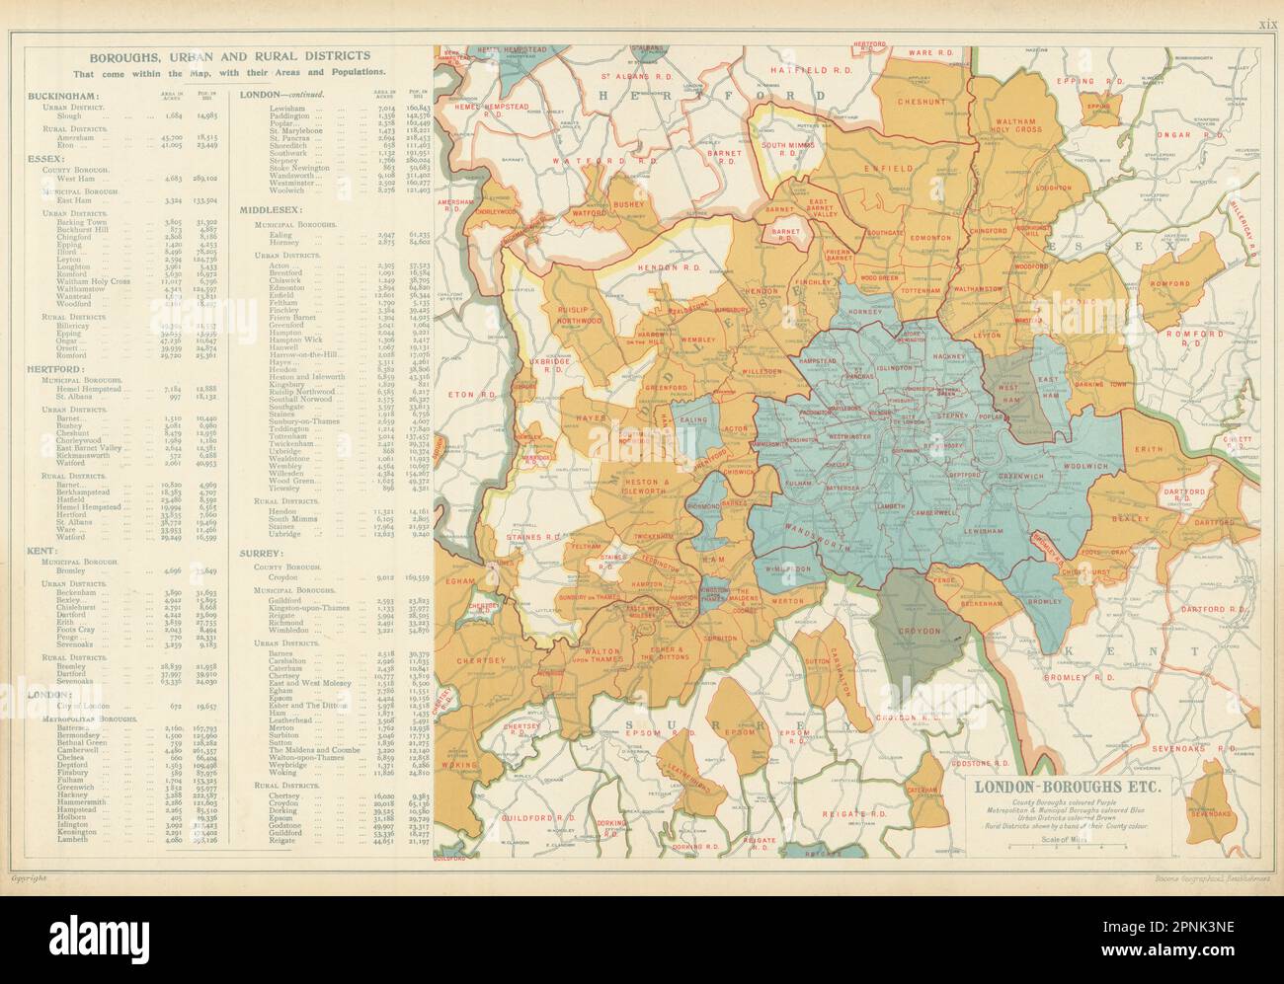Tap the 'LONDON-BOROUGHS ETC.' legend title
point(1060,787)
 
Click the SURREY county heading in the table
point(262,554)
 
